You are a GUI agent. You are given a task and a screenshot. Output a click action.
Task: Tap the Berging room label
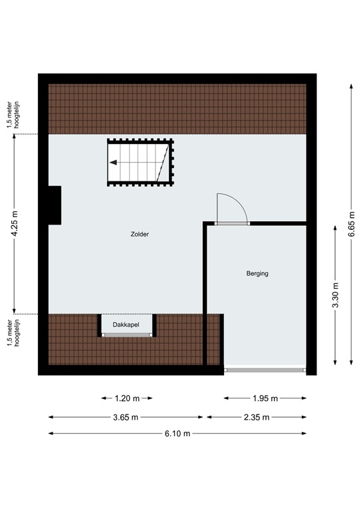[x=257, y=273]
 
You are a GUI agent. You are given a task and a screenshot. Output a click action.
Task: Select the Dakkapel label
[x=127, y=325]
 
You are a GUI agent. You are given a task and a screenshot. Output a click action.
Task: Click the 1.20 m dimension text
[x=127, y=398]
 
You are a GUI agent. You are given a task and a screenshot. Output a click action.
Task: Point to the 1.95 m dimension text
[x=265, y=398]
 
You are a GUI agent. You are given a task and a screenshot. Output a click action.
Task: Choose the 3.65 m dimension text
[x=126, y=417]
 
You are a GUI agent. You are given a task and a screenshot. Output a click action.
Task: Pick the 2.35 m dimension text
[x=256, y=417]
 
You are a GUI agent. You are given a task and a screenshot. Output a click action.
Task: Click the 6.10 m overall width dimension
[x=178, y=434]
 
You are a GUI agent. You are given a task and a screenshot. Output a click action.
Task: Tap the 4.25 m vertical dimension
[x=15, y=224]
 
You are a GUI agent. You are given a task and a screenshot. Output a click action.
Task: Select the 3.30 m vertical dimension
[x=335, y=293]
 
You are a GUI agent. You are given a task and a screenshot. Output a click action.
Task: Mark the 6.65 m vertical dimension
[x=352, y=224]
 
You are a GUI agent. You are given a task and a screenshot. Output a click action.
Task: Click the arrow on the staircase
[x=115, y=162]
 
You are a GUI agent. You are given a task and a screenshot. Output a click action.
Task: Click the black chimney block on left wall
[x=54, y=205]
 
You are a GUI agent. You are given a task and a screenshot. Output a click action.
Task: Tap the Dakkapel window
[x=127, y=336]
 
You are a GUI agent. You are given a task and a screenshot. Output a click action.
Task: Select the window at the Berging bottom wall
[x=265, y=369]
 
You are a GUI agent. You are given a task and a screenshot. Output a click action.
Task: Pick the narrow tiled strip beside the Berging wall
[x=213, y=339]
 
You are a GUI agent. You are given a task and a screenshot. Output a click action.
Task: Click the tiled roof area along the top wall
[x=178, y=109]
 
